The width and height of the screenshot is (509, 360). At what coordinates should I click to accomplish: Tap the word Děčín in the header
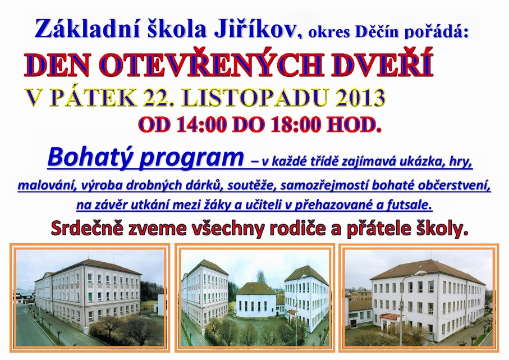tap(376, 32)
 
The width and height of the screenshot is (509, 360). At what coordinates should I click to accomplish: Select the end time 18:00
tap(296, 124)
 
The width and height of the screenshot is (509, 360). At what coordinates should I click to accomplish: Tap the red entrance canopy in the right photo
tap(389, 316)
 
